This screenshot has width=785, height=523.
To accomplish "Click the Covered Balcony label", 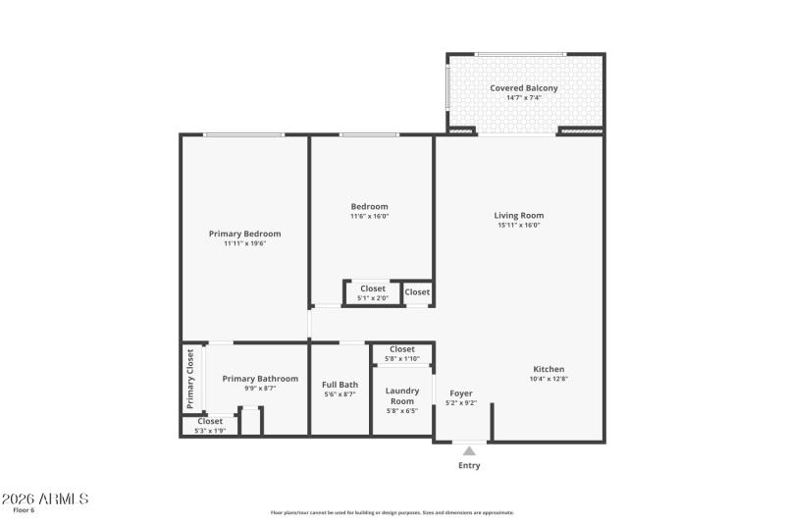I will (524, 88).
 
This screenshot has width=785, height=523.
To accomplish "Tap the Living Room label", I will (518, 216).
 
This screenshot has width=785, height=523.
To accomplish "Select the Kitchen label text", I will (549, 369).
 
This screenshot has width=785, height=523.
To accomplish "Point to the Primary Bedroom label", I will (244, 234).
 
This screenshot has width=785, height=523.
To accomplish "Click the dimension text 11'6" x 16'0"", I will (370, 216).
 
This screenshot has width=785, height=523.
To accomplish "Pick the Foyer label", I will (461, 393).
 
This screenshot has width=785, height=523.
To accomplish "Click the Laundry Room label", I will (402, 395).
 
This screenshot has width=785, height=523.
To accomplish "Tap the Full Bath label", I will (340, 385).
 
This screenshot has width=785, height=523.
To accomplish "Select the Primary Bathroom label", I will (260, 379).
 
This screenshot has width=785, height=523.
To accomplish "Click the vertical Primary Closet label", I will (191, 380).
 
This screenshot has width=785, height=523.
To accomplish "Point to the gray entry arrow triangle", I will (469, 451).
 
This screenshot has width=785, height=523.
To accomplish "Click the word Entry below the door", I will (469, 465).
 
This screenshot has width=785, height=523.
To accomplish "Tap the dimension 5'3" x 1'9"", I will (210, 430).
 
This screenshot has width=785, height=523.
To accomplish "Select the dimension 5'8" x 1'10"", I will (402, 358).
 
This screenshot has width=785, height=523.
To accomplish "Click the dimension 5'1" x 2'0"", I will (373, 297).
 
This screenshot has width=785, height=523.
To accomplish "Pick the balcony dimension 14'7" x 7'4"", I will (524, 98).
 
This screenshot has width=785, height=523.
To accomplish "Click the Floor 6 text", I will (23, 510).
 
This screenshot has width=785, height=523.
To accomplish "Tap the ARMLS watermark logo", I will (45, 498).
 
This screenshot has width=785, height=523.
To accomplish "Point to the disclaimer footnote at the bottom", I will (392, 512).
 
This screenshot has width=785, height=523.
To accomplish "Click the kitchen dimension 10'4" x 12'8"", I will (549, 379).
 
